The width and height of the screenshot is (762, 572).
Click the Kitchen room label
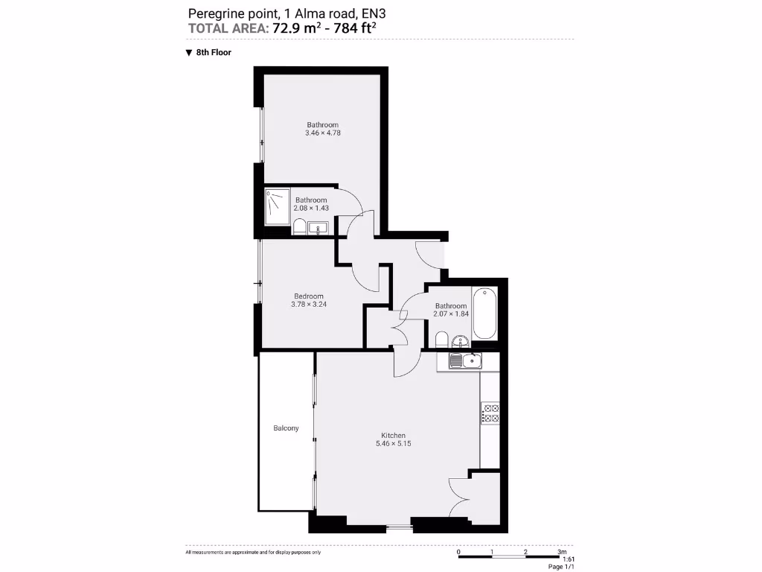pyautogui.click(x=393, y=435)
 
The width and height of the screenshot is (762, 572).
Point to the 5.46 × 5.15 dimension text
pyautogui.click(x=393, y=444)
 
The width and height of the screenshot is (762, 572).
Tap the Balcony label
pyautogui.click(x=286, y=428)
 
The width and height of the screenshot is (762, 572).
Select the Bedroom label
pyautogui.click(x=307, y=296)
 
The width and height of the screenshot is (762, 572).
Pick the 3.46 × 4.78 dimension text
pyautogui.click(x=322, y=133)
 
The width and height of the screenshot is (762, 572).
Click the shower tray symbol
pyautogui.click(x=277, y=206)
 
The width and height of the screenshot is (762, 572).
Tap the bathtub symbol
pyautogui.click(x=487, y=312)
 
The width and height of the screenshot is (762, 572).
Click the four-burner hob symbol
pyautogui.click(x=490, y=413)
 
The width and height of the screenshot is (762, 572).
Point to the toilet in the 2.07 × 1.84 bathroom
pyautogui.click(x=441, y=341)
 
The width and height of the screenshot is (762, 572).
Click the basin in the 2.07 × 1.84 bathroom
pyautogui.click(x=461, y=342)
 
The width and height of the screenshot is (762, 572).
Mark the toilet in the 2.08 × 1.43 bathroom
pyautogui.click(x=298, y=227)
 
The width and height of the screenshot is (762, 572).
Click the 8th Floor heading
pyautogui.click(x=214, y=53)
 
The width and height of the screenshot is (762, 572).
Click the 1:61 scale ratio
pyautogui.click(x=568, y=559)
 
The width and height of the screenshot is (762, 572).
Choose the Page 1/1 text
pyautogui.click(x=561, y=567)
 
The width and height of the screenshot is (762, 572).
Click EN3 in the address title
pyautogui.click(x=374, y=13)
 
